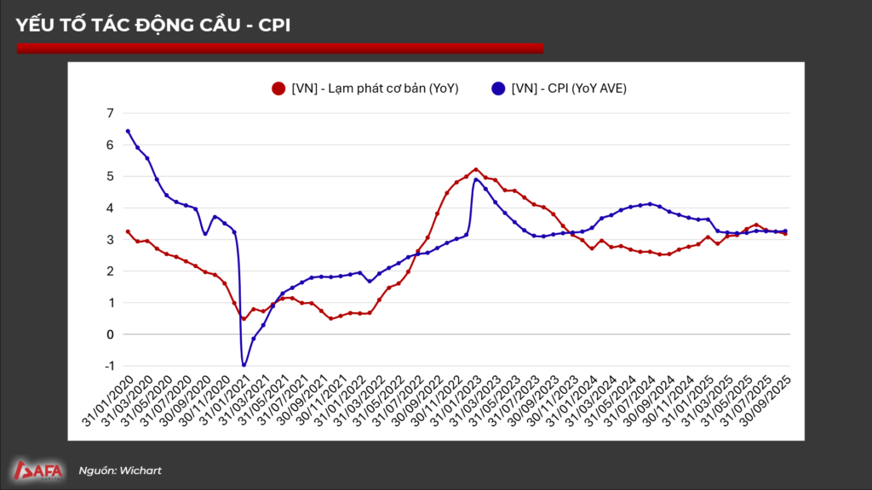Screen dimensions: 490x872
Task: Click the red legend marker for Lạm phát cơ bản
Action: (x=278, y=88)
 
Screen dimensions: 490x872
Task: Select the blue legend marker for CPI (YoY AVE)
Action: (x=498, y=88)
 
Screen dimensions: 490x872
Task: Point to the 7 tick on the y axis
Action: (x=109, y=113)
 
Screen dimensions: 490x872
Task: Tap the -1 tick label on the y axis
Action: (x=107, y=366)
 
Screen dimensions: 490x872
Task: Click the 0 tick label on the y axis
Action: (x=109, y=334)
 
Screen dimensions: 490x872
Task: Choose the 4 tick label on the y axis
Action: (x=109, y=208)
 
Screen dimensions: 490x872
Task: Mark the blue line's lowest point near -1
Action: (x=244, y=365)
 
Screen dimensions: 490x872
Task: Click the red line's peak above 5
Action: (x=476, y=169)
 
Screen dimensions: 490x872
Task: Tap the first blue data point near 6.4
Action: (x=128, y=131)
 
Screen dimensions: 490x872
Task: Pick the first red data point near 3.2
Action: (x=128, y=231)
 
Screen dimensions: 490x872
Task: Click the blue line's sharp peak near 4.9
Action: (x=476, y=179)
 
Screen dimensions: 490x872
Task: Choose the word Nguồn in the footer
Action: (x=96, y=470)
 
